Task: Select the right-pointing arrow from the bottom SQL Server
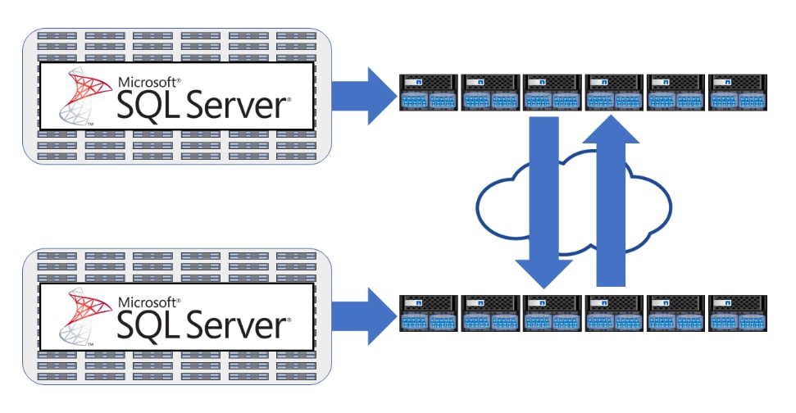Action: (x=361, y=315)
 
